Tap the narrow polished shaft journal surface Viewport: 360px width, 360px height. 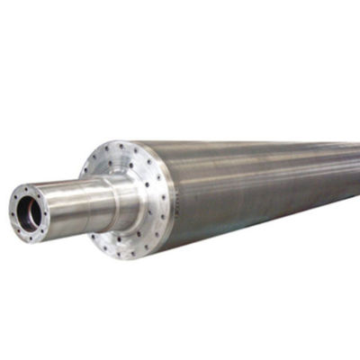tap(76, 205)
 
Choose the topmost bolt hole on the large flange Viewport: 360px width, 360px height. tap(121, 145)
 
